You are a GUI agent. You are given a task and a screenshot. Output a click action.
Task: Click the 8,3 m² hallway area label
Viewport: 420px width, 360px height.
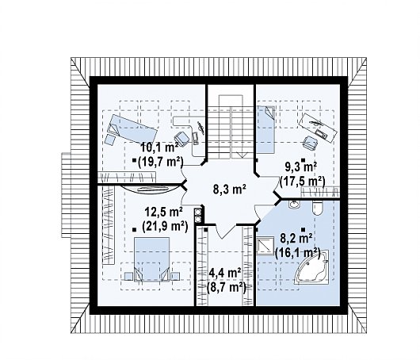click(230, 190)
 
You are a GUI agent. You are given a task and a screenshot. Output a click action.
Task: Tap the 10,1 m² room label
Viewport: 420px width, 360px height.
click(159, 147)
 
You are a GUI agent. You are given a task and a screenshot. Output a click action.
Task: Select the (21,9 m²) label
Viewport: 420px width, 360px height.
click(165, 227)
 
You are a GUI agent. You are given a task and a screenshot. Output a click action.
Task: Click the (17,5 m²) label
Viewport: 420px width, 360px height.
click(302, 182)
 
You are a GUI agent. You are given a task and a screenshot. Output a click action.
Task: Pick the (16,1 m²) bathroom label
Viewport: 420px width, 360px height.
click(298, 252)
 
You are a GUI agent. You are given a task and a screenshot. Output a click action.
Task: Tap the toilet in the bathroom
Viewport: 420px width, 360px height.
click(318, 209)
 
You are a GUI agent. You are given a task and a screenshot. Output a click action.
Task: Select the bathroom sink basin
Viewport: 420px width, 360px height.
click(295, 205)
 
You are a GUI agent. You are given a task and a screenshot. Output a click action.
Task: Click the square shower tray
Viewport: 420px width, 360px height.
click(265, 246)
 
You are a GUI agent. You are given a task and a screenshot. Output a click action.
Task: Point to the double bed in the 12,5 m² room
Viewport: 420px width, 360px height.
click(152, 259)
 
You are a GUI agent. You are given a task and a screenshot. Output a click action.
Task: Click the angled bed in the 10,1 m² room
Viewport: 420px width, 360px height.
click(132, 128)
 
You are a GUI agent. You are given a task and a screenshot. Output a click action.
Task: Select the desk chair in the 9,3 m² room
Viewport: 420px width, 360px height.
click(311, 143)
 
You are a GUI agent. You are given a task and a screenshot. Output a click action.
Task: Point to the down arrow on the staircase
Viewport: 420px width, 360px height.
click(242, 154)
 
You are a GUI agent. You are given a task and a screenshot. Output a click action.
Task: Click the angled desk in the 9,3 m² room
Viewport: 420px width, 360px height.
click(318, 128)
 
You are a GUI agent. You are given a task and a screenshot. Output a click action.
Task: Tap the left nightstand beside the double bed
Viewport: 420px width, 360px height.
click(128, 276)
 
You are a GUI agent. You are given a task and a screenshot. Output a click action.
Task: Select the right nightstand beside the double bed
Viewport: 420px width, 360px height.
click(175, 276)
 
